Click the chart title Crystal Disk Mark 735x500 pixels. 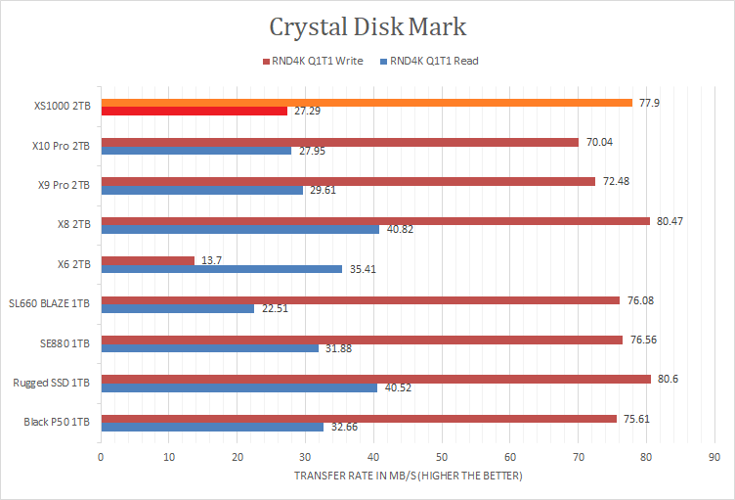point(367,26)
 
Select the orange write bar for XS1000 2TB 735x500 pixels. point(367,103)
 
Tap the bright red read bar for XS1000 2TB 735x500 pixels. point(194,112)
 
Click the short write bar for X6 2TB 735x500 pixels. point(148,260)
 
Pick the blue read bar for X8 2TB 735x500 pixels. point(240,230)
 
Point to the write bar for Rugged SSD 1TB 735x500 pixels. point(375,379)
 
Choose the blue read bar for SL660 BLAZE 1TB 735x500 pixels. point(178,308)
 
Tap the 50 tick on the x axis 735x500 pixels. point(442,456)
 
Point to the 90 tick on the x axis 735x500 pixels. point(714,456)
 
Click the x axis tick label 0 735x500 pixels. point(101,456)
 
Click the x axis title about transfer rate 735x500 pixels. point(408,477)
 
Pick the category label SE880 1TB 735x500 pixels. point(66,343)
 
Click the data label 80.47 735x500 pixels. point(670,221)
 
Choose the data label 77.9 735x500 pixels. point(649,103)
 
